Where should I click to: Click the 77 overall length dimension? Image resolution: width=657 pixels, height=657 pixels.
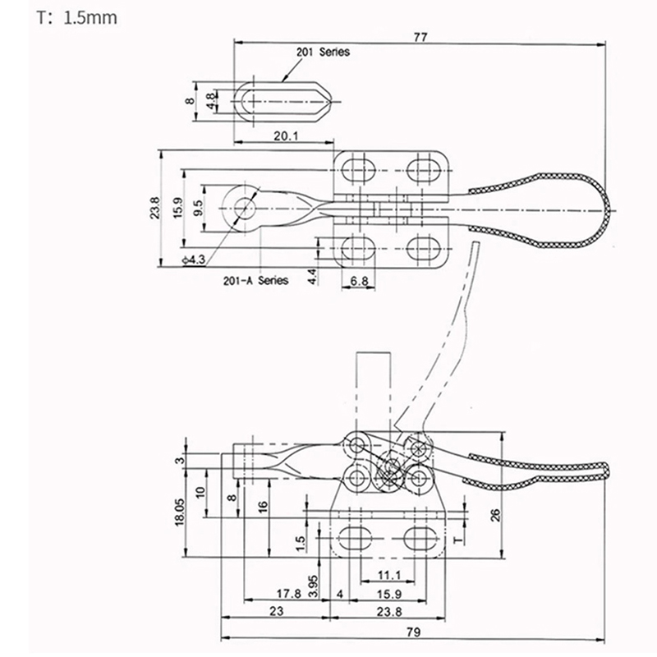[x=420, y=35]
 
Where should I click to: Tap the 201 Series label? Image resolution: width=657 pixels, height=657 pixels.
[x=323, y=52]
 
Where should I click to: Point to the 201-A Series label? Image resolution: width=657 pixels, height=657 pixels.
[x=255, y=280]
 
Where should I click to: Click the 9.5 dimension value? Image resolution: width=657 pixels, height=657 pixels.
[x=198, y=207]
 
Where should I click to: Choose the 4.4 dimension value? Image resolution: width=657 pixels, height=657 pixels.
[x=311, y=276]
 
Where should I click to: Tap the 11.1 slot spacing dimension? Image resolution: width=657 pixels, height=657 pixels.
[x=389, y=574]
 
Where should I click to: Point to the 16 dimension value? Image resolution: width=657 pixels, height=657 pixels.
[x=261, y=506]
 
